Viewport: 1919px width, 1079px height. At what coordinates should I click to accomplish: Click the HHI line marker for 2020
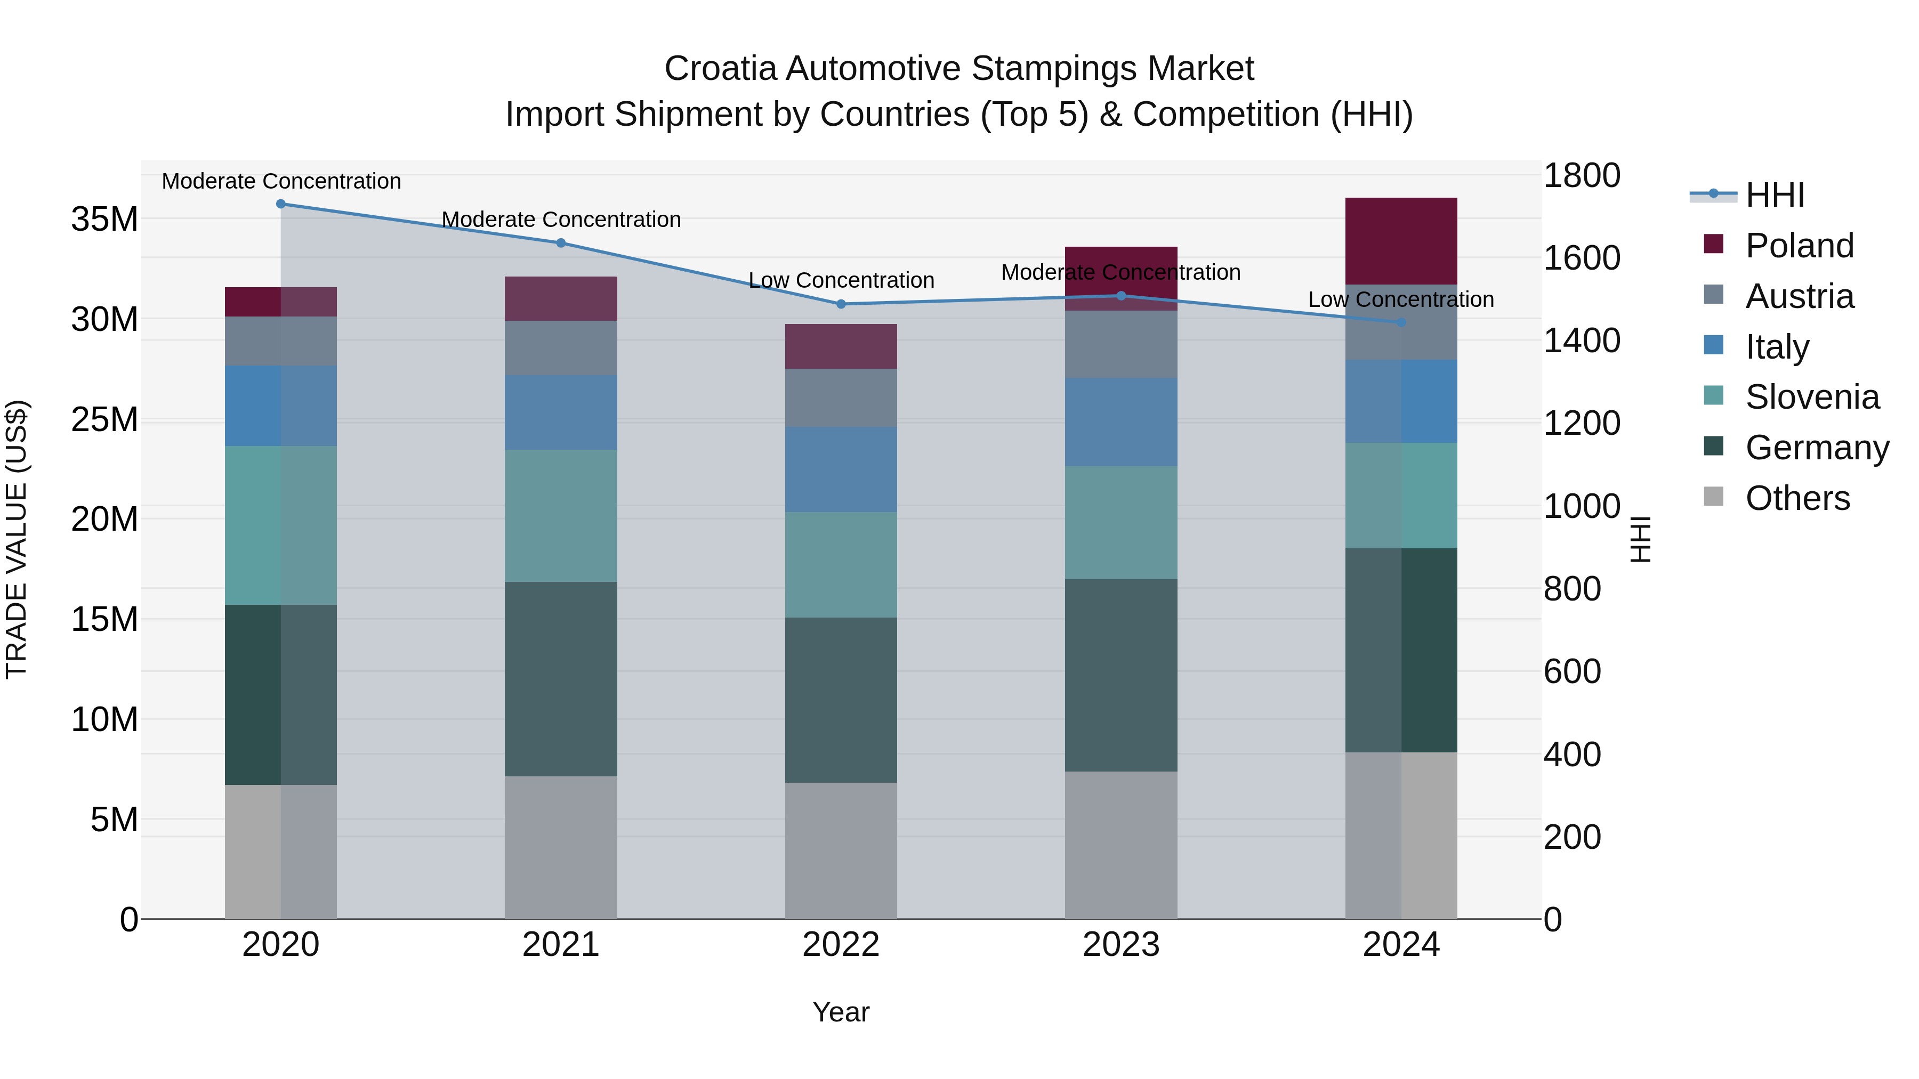click(281, 204)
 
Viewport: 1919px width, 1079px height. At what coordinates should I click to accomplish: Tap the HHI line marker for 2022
click(841, 304)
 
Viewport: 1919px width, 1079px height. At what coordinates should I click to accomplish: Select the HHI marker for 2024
click(1401, 322)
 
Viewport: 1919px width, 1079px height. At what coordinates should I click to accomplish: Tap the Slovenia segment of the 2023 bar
click(1121, 523)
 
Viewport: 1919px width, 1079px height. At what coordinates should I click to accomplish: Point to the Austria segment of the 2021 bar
click(561, 348)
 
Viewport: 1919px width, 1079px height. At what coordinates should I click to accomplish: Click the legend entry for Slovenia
click(1812, 397)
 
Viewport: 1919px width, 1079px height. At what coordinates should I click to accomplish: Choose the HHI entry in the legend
click(1775, 195)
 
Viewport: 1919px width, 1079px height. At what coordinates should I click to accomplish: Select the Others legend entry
click(1797, 498)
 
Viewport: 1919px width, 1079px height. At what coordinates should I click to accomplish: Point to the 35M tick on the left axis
click(104, 220)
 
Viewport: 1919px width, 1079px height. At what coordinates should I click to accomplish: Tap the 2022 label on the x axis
click(841, 945)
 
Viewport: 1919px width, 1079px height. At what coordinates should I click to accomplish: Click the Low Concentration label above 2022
click(841, 281)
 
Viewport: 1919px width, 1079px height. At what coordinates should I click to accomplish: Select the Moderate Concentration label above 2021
click(561, 220)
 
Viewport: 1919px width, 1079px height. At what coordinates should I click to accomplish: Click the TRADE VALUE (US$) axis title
click(17, 539)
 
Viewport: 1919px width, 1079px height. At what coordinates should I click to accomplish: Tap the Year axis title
click(841, 1012)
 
